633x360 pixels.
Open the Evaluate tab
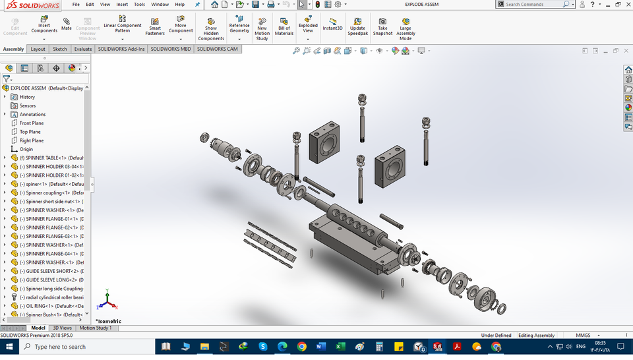click(83, 49)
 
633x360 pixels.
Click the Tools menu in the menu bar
click(139, 4)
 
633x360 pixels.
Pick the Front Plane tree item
click(31, 123)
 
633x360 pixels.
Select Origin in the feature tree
click(26, 149)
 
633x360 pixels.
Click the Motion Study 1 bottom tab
click(96, 328)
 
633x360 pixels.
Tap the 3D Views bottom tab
click(62, 328)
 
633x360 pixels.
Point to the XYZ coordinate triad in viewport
click(107, 301)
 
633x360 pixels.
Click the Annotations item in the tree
click(32, 114)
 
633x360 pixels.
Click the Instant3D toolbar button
click(332, 24)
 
